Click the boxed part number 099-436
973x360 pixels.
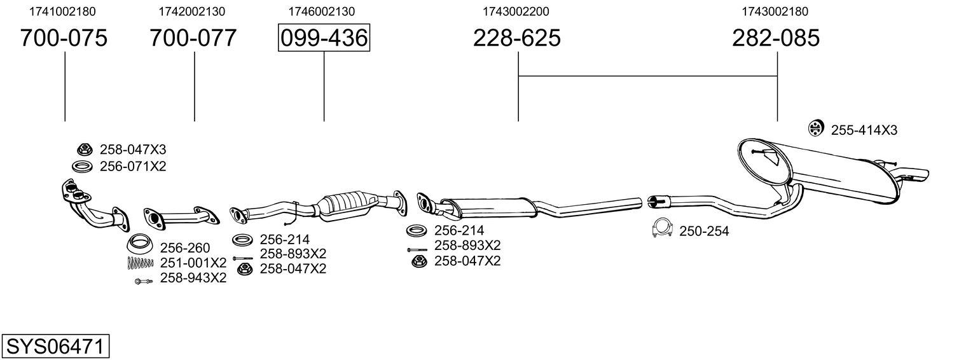click(x=324, y=38)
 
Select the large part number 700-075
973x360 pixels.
click(x=64, y=38)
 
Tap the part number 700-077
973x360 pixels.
click(x=193, y=38)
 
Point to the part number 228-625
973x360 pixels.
click(x=517, y=38)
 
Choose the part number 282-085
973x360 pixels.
click(x=776, y=38)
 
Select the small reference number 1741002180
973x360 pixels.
click(x=64, y=11)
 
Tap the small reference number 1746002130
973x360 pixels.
click(x=322, y=11)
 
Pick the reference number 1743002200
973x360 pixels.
click(x=516, y=11)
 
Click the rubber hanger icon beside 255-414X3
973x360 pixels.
click(x=815, y=128)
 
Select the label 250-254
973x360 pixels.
click(x=704, y=232)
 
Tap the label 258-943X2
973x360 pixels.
click(x=193, y=278)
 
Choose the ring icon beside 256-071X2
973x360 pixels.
click(x=82, y=167)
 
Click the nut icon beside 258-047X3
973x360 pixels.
click(x=83, y=150)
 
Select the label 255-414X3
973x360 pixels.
click(x=864, y=130)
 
